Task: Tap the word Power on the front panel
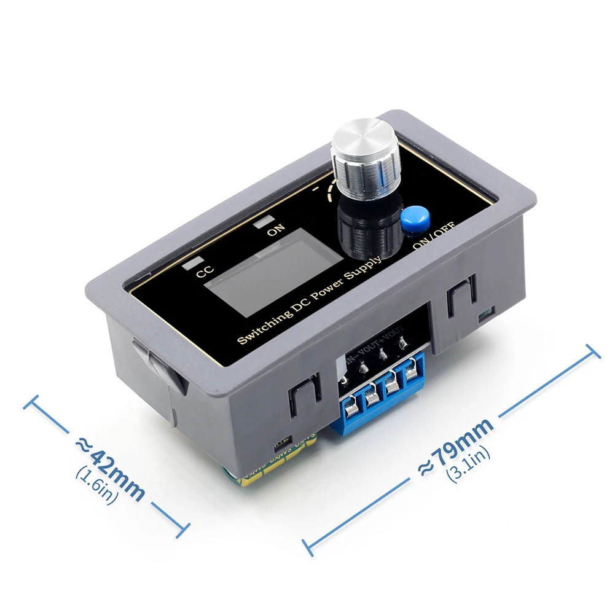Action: pyautogui.click(x=329, y=288)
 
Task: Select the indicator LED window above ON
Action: pyautogui.click(x=266, y=220)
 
